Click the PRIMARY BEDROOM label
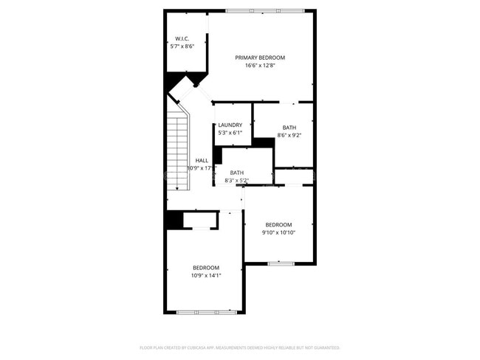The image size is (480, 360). [260, 58]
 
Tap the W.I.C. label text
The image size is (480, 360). [182, 38]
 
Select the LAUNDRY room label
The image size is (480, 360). [229, 125]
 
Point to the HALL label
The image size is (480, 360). [202, 160]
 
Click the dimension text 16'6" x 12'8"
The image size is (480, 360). [260, 66]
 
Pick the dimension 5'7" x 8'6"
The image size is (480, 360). [182, 46]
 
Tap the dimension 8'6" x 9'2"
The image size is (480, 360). [289, 135]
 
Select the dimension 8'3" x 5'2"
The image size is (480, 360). [236, 180]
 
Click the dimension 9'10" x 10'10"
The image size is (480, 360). [278, 232]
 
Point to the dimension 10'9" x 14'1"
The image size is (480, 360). [206, 275]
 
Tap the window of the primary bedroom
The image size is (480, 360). [264, 10]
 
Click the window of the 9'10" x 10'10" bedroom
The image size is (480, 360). [281, 263]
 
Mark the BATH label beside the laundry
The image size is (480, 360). [289, 128]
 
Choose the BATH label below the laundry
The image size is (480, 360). [236, 173]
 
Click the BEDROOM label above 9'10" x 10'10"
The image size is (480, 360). [278, 225]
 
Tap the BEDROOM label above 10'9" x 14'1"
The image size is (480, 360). [206, 267]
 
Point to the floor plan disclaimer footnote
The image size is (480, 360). [240, 347]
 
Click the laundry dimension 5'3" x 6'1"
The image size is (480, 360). [229, 133]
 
